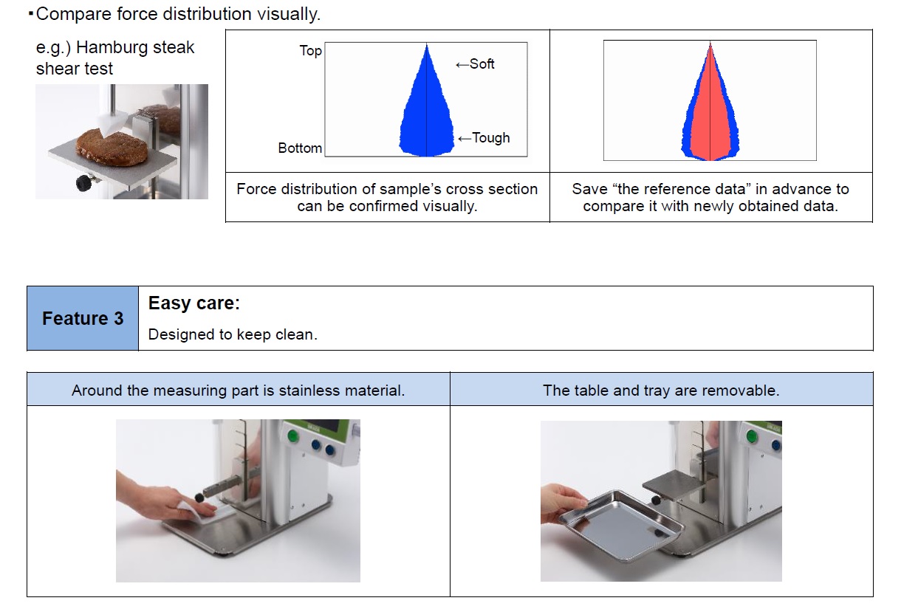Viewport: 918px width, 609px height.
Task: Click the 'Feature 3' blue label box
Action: pos(83,318)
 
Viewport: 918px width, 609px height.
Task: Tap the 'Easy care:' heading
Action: pos(193,303)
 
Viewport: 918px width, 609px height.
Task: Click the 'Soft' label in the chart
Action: pos(482,64)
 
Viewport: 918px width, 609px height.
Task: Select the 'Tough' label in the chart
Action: pos(491,137)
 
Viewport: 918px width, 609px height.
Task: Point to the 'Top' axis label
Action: pos(311,51)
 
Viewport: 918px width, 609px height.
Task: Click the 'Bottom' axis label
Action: pos(300,148)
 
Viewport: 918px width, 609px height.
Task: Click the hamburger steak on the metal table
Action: pos(112,146)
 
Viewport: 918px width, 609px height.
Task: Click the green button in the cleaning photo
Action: pos(292,436)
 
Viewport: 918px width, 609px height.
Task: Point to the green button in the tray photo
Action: pos(751,436)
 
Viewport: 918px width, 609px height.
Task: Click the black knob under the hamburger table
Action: pos(84,182)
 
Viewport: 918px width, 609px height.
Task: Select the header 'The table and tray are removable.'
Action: pos(661,390)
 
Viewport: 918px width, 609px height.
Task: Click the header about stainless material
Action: pos(238,390)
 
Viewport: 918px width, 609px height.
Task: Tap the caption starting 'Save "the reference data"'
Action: pos(710,197)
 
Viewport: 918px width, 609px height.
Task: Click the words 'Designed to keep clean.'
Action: pos(233,334)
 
